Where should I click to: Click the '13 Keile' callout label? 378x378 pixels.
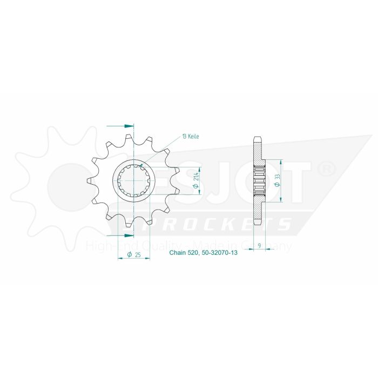pos(191,137)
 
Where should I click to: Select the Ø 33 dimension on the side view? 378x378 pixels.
pos(276,181)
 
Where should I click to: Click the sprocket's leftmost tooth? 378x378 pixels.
pos(90,181)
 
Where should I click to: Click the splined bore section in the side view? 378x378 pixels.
pos(259,181)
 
